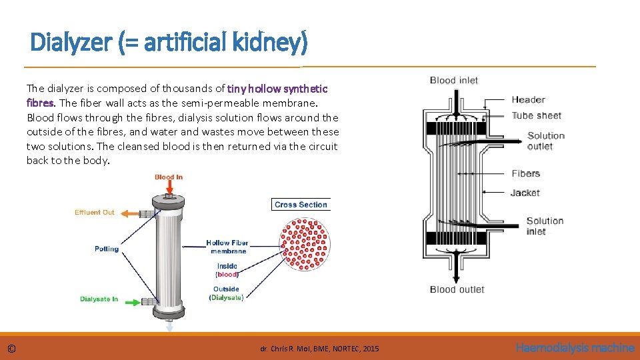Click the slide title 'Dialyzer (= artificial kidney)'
(169, 43)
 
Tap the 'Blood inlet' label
(453, 80)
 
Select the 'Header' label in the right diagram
(528, 99)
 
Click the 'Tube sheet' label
(536, 115)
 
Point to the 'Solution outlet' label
(545, 141)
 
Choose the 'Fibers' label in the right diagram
(525, 173)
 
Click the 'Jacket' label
(525, 193)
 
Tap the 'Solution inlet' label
(545, 226)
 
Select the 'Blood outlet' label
(457, 289)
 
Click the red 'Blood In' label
(168, 177)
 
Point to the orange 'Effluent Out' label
(94, 213)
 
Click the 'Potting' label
(107, 249)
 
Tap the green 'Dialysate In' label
(99, 299)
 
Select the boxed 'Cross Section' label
(301, 205)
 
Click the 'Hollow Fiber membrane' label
(228, 247)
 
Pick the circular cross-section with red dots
(305, 244)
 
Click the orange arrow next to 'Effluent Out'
(128, 213)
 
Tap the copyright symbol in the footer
(11, 348)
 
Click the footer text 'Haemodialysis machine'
(575, 347)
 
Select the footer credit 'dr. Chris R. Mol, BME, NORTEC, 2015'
(319, 349)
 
